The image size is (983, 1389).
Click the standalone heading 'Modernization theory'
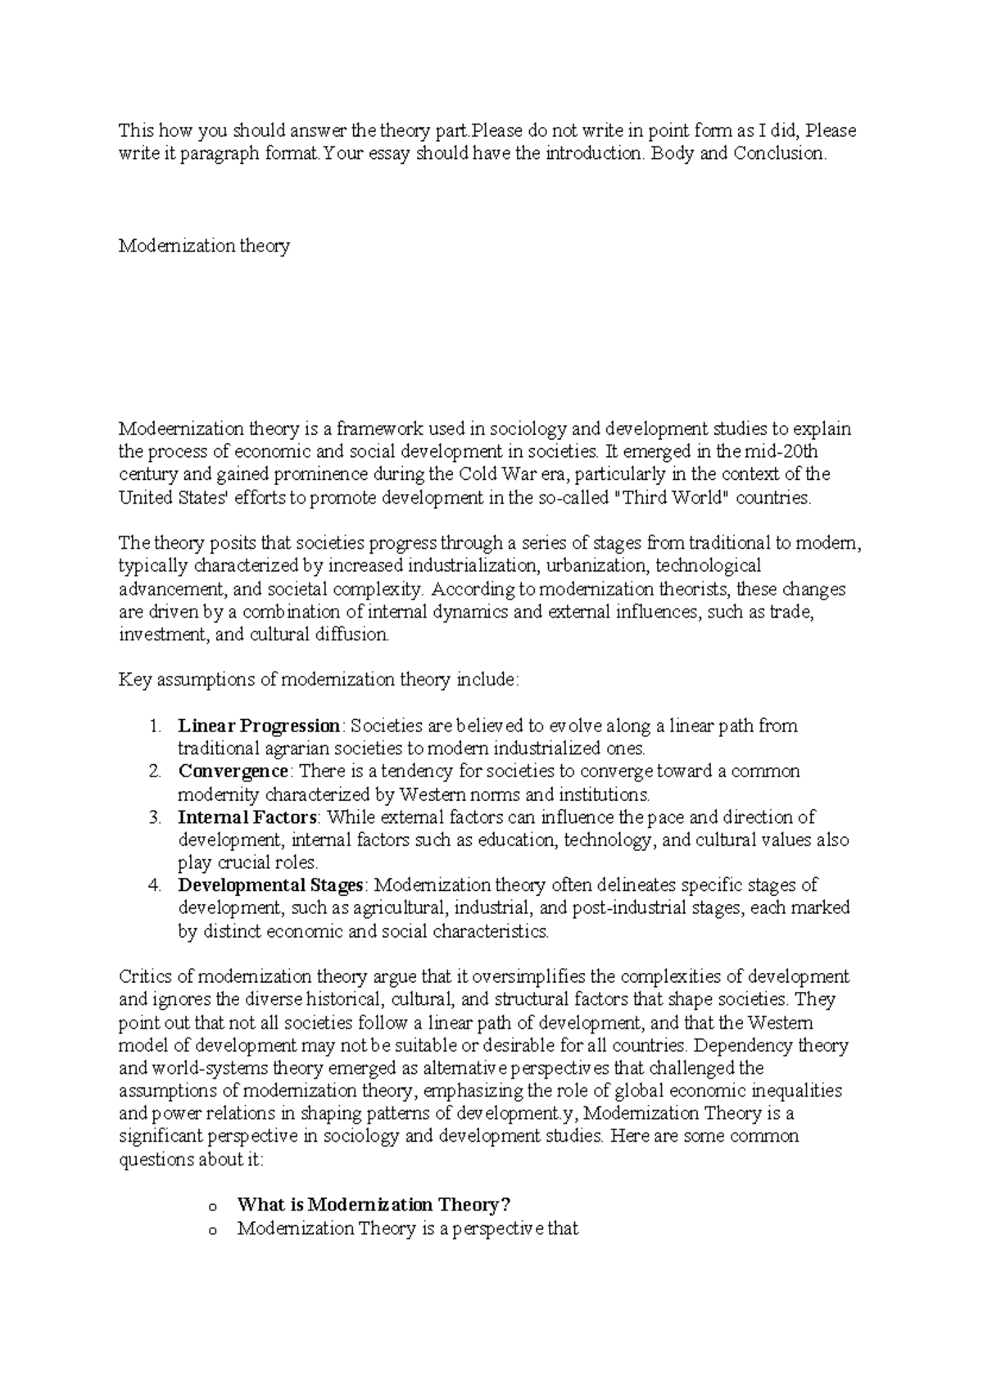coord(204,246)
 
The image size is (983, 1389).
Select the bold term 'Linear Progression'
coord(258,726)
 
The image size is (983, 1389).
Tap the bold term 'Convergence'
coord(233,771)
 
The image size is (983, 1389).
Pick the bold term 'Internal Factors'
coord(247,817)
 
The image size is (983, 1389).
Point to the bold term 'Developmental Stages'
coord(270,885)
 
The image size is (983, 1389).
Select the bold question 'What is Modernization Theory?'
coord(374,1205)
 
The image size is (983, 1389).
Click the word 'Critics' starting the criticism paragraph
coord(145,976)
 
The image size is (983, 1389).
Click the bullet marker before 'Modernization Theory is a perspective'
coord(214,1229)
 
